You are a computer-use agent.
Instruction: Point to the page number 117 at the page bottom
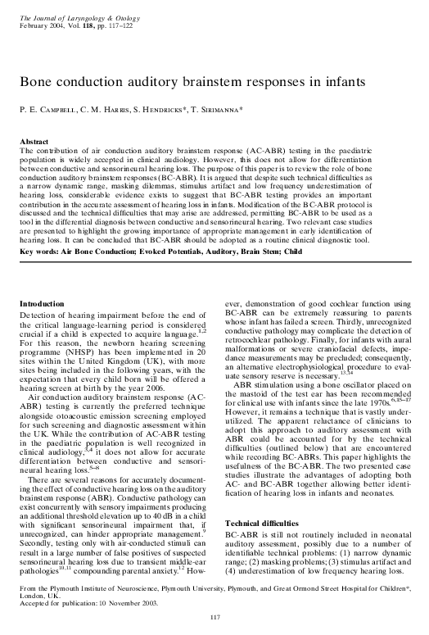[214, 616]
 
